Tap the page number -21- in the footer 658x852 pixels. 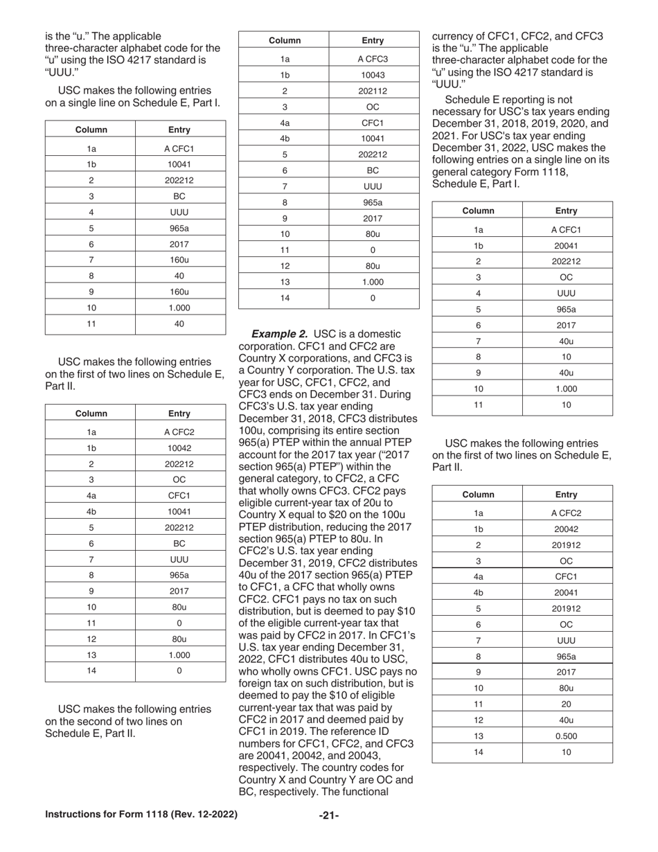pyautogui.click(x=329, y=815)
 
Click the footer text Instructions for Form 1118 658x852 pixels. pyautogui.click(x=141, y=815)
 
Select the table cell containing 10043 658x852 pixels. pyautogui.click(x=373, y=75)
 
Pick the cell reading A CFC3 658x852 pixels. pyautogui.click(x=373, y=58)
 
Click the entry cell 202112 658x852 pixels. pyautogui.click(x=373, y=91)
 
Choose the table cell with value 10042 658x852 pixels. pyautogui.click(x=179, y=448)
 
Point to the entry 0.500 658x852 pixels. pyautogui.click(x=566, y=736)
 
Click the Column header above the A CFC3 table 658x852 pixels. pyautogui.click(x=284, y=40)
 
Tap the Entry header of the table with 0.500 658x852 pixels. pyautogui.click(x=566, y=495)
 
